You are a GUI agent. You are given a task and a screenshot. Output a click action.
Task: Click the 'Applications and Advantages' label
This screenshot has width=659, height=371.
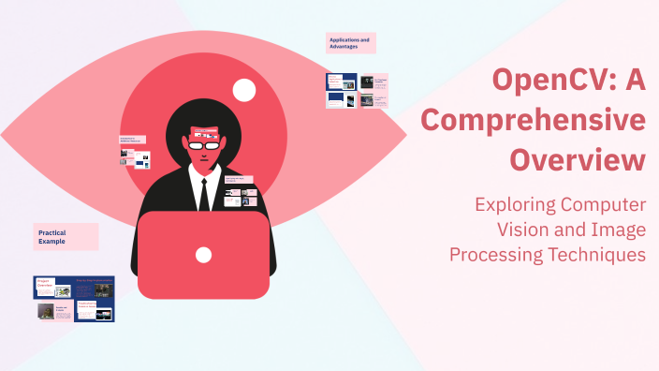[x=350, y=43]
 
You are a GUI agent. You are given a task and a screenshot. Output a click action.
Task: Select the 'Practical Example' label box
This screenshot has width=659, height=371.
[x=66, y=237]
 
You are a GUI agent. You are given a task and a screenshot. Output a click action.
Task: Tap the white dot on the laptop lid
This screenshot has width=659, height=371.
[x=203, y=255]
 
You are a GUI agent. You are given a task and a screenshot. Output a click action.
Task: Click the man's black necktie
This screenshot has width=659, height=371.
[x=203, y=192]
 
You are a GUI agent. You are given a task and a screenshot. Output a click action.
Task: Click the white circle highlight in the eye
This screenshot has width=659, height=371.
[x=244, y=90]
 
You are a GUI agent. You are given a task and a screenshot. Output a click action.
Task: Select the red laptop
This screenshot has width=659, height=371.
[x=203, y=255]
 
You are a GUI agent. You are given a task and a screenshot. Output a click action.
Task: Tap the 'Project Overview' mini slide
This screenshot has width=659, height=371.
[x=53, y=287]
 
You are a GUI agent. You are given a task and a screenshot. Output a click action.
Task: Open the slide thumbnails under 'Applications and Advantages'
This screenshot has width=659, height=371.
[x=356, y=91]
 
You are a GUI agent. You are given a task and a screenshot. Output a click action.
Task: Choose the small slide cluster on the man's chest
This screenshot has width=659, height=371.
[x=241, y=189]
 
